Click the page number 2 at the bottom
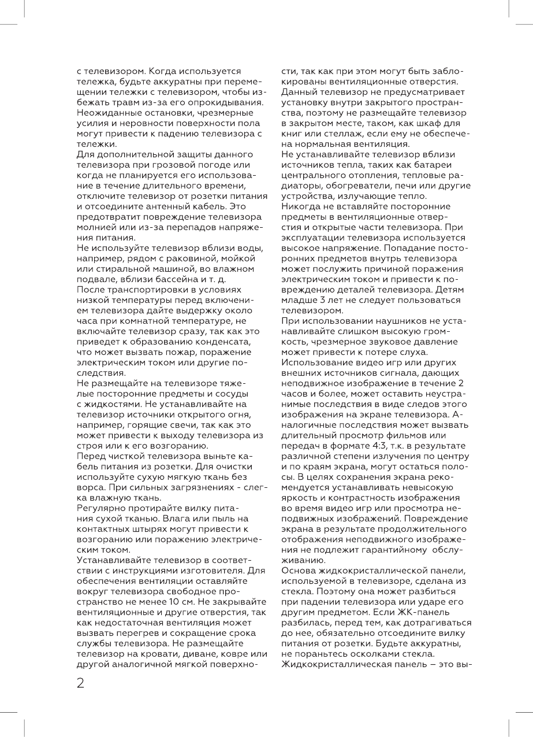coord(80,683)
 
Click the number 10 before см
coord(184,600)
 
